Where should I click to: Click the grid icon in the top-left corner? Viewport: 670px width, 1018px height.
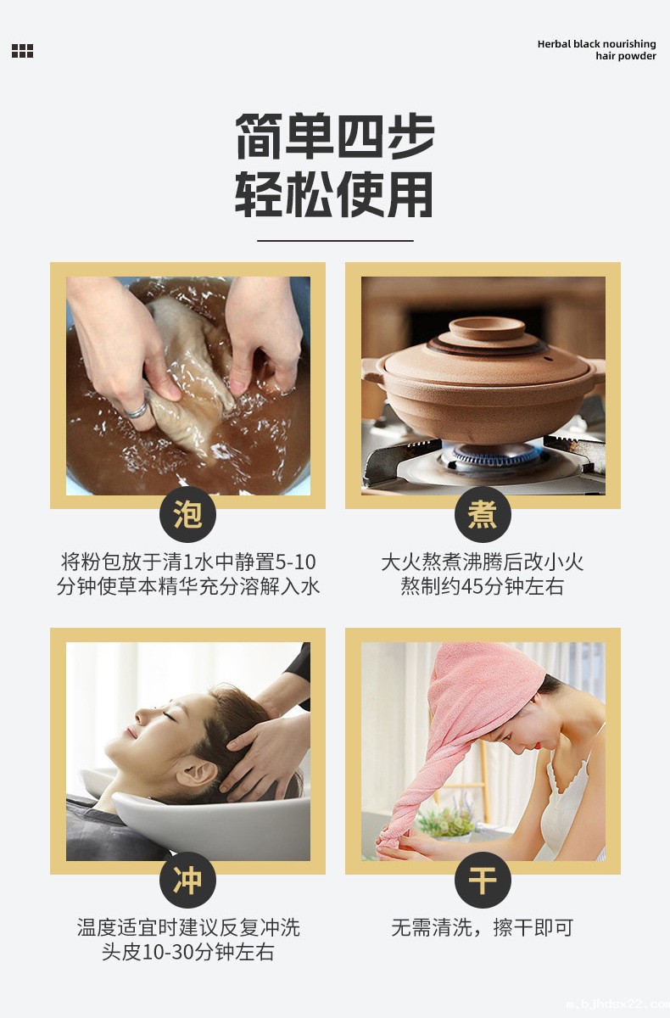tap(22, 51)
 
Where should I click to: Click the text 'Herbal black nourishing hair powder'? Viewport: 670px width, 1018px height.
tap(596, 50)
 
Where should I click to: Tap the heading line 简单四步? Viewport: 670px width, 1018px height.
tap(334, 136)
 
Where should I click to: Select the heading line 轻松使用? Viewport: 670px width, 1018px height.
tap(334, 194)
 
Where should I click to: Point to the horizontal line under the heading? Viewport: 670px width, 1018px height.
tap(334, 241)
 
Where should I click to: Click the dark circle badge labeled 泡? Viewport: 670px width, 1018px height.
tap(187, 514)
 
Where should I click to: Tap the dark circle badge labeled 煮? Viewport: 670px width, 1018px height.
tap(483, 514)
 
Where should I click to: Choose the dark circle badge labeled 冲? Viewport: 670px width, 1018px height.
tap(187, 880)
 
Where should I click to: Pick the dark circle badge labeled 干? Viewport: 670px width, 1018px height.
tap(483, 880)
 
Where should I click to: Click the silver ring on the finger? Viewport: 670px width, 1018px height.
tap(137, 411)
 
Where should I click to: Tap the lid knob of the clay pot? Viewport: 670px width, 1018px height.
tap(486, 328)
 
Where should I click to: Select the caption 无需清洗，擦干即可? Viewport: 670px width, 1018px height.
tap(483, 927)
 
